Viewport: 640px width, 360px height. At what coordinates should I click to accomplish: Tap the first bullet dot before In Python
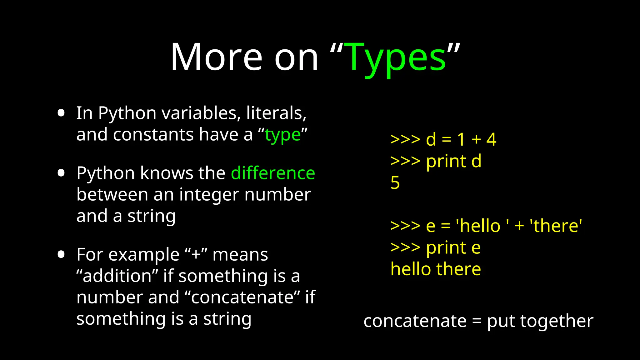(x=61, y=113)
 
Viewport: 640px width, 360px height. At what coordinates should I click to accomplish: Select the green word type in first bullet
(x=283, y=135)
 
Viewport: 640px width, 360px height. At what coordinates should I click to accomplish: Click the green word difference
(x=273, y=173)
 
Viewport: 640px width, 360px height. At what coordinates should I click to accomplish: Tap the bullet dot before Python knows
(x=61, y=173)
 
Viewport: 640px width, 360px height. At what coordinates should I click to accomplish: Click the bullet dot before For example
(x=61, y=254)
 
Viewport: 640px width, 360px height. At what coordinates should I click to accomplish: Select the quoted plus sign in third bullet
(x=196, y=254)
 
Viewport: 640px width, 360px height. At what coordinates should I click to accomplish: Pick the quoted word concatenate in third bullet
(x=242, y=297)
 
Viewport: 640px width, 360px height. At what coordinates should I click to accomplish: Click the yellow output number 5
(x=395, y=182)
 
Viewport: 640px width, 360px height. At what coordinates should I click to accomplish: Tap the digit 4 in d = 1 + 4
(x=491, y=139)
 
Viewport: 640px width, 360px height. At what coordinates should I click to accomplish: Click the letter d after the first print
(x=476, y=161)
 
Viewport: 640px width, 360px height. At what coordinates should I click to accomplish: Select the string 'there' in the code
(x=556, y=226)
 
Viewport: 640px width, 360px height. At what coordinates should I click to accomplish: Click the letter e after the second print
(x=476, y=248)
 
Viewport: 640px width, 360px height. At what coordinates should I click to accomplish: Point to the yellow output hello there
(x=436, y=269)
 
